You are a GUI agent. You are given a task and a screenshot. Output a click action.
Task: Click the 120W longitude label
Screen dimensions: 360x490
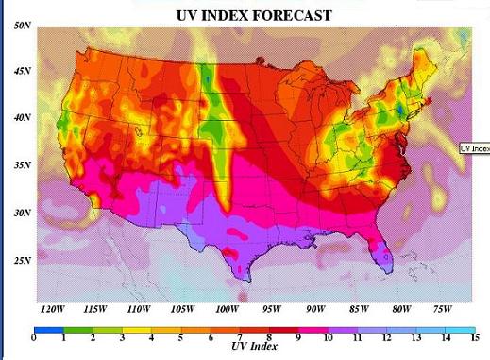point(52,309)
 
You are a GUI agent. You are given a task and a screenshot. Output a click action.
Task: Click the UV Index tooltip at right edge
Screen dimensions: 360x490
point(474,148)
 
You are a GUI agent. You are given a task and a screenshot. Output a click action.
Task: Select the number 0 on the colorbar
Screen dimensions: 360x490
point(33,337)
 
